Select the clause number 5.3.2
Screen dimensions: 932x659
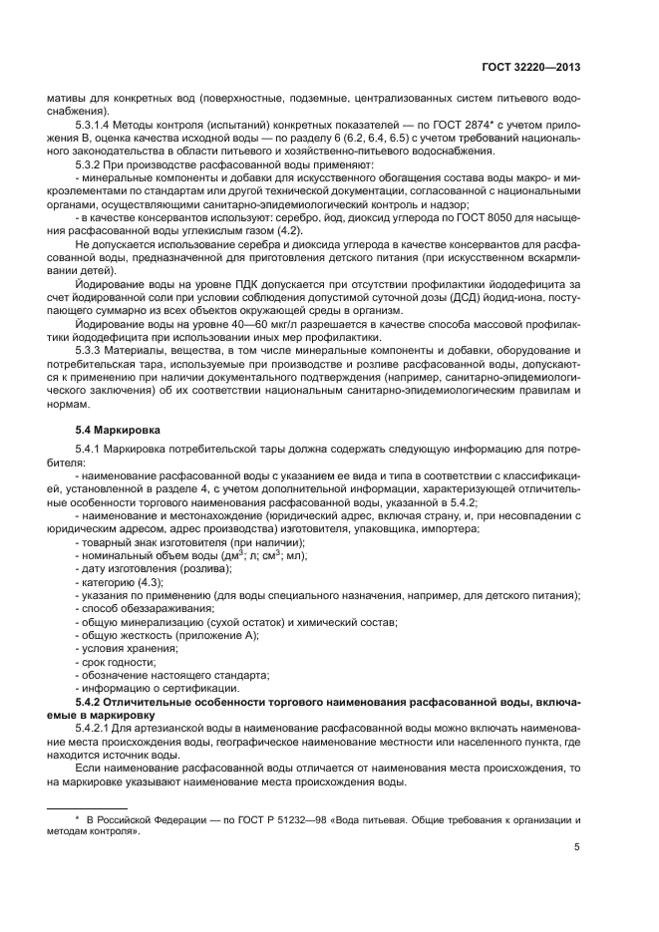pyautogui.click(x=90, y=163)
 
